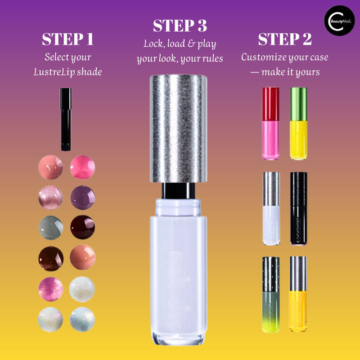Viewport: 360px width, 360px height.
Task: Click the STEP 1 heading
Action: (x=68, y=39)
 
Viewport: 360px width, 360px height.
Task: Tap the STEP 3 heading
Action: (x=180, y=26)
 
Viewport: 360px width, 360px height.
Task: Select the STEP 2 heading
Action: (x=285, y=39)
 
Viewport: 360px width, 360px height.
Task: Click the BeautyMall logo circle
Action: (x=339, y=21)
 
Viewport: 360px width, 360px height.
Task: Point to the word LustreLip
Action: (x=54, y=72)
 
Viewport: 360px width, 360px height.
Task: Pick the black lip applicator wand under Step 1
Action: (x=66, y=119)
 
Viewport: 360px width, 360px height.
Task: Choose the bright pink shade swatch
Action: (x=82, y=167)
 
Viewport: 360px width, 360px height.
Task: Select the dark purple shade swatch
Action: (x=82, y=198)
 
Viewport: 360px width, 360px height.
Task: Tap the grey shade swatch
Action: (x=50, y=228)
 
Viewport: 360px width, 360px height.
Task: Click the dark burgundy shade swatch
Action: (x=82, y=227)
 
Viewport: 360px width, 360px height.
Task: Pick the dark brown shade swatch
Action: (x=51, y=258)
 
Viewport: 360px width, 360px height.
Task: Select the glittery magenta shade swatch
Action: (x=50, y=289)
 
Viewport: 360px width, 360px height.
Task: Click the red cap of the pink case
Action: (x=271, y=104)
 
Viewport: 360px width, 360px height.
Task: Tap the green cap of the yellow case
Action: (x=299, y=104)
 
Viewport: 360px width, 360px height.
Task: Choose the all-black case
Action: (x=299, y=208)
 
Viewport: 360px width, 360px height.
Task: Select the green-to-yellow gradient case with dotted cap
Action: (x=271, y=294)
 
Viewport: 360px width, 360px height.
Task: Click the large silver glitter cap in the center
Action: (x=178, y=129)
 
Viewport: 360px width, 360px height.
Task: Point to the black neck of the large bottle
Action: (x=178, y=191)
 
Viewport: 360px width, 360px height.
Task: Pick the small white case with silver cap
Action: (x=271, y=208)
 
